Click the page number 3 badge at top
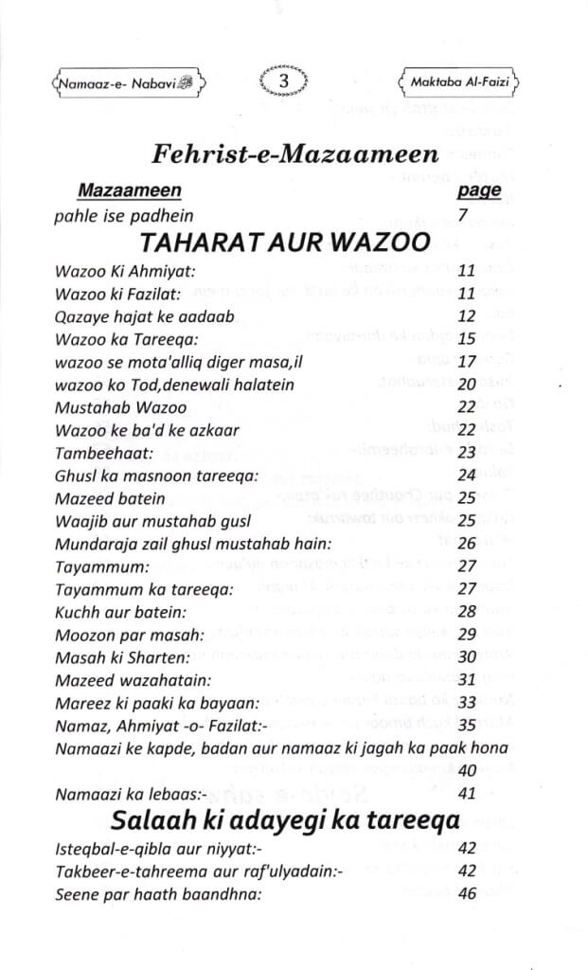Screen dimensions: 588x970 click(283, 82)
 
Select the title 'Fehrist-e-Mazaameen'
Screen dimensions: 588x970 click(294, 155)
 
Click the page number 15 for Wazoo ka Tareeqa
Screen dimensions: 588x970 click(466, 338)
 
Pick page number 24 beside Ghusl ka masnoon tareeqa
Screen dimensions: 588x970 click(466, 476)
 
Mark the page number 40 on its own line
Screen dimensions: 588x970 click(466, 770)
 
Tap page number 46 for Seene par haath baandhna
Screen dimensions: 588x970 click(466, 893)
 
